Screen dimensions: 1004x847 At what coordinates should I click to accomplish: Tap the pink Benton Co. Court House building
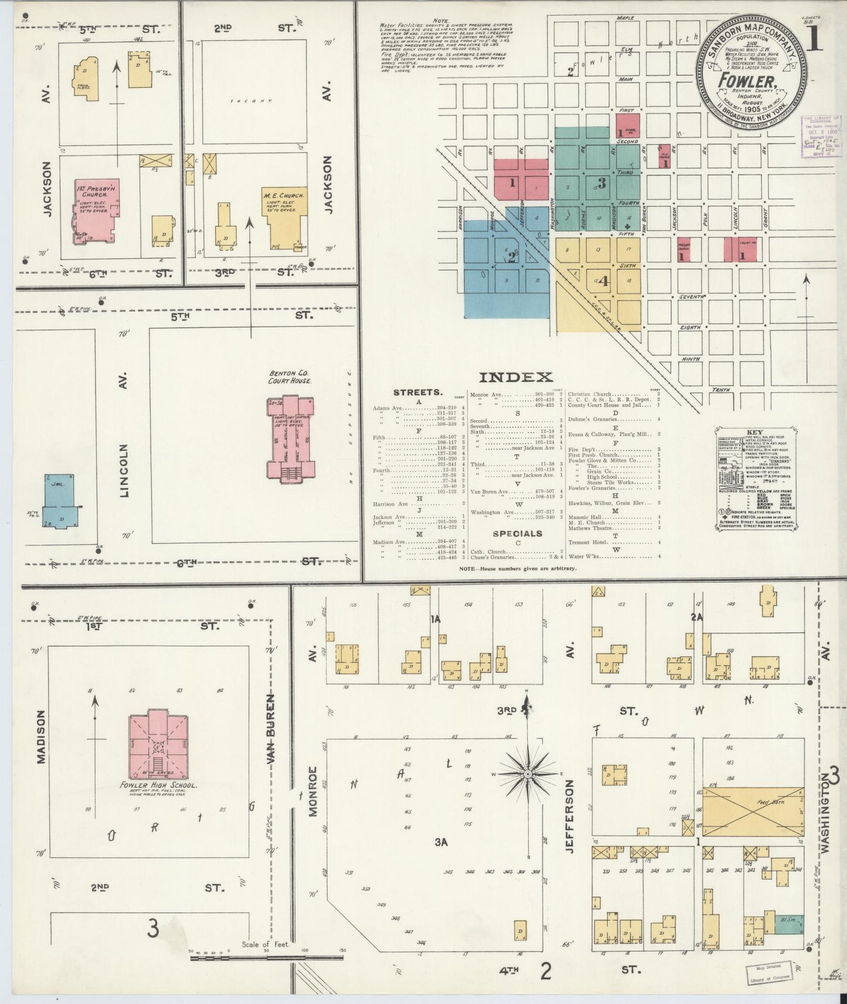[x=291, y=436]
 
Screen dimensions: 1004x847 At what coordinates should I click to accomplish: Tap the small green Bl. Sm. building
[x=789, y=924]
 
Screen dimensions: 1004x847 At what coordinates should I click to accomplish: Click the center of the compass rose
[x=528, y=774]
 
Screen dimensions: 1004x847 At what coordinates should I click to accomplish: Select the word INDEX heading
[x=516, y=378]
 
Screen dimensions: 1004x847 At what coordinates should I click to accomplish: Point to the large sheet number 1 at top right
[x=816, y=42]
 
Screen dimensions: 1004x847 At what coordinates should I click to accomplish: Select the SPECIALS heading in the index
[x=517, y=534]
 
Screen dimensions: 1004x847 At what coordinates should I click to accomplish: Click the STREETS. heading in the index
[x=418, y=392]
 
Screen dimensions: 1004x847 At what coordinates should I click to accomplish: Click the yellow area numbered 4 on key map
[x=603, y=281]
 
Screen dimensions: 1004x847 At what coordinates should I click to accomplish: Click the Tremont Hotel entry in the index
[x=587, y=542]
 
